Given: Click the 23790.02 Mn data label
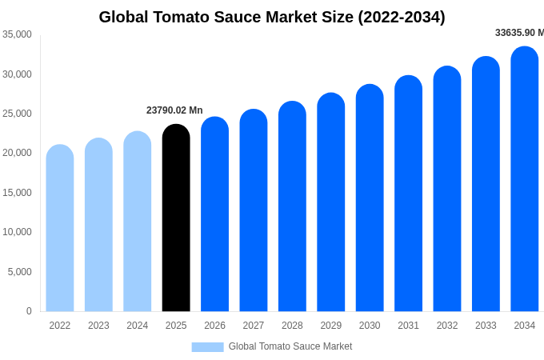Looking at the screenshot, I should [x=174, y=110].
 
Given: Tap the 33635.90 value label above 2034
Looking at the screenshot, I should [x=519, y=33].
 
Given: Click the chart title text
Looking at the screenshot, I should [x=272, y=17].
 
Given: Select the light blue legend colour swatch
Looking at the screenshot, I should [x=207, y=346].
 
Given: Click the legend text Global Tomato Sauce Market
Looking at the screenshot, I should [x=290, y=346].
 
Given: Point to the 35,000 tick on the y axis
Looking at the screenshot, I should [x=17, y=34].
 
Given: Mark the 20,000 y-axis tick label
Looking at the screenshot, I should [x=17, y=153].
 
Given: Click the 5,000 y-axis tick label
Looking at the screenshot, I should [x=20, y=272].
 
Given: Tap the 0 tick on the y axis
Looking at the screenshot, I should [x=29, y=311].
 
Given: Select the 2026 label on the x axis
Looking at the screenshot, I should [x=214, y=326].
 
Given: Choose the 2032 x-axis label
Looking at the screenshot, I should [x=447, y=326].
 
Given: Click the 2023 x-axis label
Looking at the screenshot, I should [x=98, y=326].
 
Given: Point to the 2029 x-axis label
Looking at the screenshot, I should [x=331, y=326].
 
